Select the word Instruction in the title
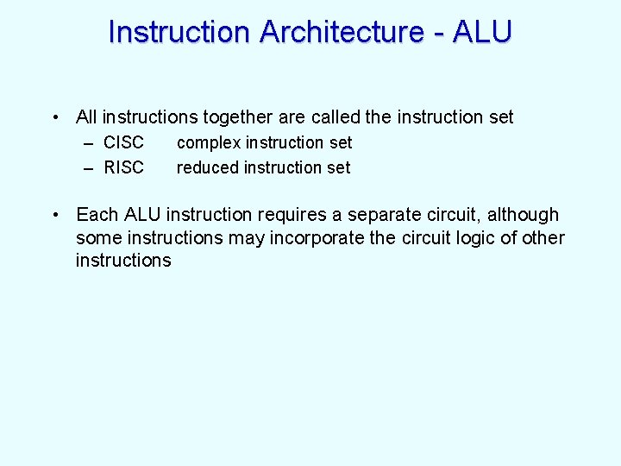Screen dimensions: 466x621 pos(179,32)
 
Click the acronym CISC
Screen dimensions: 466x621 pos(123,142)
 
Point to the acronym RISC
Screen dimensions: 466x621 pos(123,167)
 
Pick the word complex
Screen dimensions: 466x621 pos(208,143)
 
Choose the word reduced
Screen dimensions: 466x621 pos(208,167)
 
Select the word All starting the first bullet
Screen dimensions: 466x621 pos(86,116)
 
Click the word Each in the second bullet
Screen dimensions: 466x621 pos(97,214)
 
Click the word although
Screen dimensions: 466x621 pos(524,214)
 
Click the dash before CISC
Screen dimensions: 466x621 pos(89,143)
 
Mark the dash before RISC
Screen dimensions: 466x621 pos(89,168)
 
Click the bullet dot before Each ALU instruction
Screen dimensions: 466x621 pos(54,215)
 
